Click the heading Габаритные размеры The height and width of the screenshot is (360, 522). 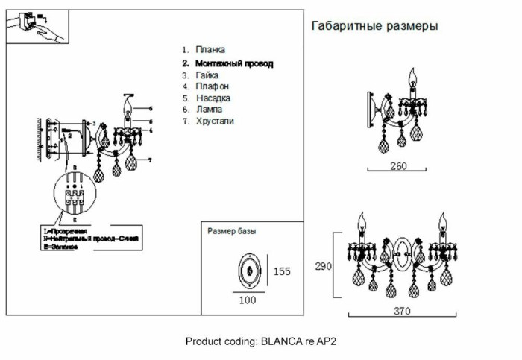coord(374,26)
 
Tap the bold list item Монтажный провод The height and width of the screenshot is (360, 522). coord(233,63)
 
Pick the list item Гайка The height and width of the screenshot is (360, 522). coord(208,75)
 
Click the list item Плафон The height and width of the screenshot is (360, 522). coord(213,86)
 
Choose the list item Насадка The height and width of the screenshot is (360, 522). coord(213,98)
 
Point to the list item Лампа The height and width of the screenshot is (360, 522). coord(210,109)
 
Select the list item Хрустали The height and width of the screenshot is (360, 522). coord(215,121)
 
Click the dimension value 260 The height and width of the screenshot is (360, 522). coord(399,166)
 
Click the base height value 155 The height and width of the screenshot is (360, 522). coord(282,271)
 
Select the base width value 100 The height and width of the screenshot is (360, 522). coord(248,300)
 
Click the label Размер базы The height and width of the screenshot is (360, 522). coord(231,232)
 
